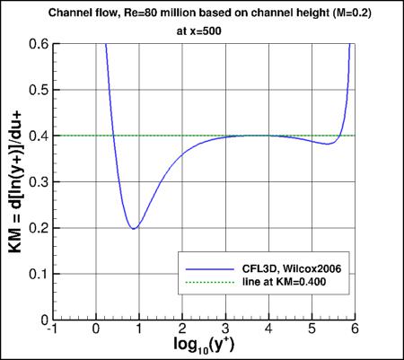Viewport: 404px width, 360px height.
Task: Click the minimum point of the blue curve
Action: coord(134,228)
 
